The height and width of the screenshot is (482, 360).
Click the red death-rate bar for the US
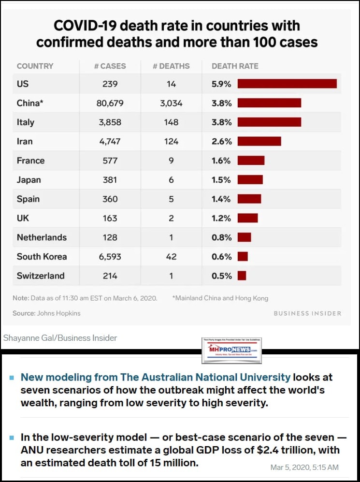[x=287, y=84]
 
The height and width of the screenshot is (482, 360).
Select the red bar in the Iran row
[x=259, y=141]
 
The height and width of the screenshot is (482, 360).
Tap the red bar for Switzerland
[x=242, y=276]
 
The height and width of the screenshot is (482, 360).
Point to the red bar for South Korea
[x=243, y=257]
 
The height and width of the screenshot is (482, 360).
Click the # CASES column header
[x=110, y=66]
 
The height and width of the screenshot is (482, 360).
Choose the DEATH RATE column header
[x=235, y=66]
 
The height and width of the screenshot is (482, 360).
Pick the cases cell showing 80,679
[x=110, y=103]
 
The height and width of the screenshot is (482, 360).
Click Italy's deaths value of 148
[x=171, y=122]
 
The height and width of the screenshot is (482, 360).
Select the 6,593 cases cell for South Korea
[x=110, y=257]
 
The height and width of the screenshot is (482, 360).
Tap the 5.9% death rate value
[x=221, y=84]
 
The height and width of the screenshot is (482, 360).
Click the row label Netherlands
[x=42, y=237]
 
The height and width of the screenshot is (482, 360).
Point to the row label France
[x=30, y=161]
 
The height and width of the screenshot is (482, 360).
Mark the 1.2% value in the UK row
[x=221, y=218]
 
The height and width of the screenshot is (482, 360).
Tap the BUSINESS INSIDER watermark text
[x=307, y=313]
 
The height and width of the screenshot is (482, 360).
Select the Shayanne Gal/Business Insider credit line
[x=60, y=338]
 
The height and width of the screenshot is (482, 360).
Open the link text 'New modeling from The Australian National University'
[x=156, y=377]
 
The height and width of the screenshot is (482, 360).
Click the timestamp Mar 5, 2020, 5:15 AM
[x=305, y=467]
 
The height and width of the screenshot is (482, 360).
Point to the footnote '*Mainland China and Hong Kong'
[x=220, y=298]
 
